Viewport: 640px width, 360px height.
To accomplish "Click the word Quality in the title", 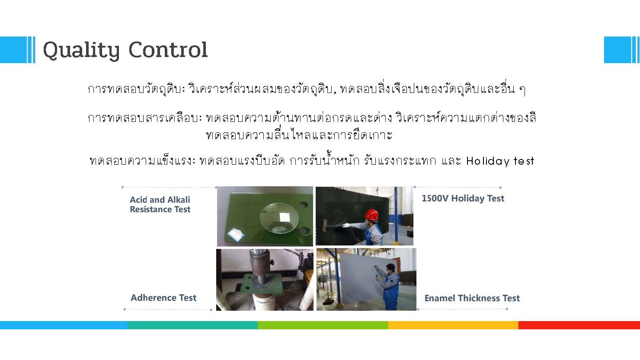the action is pos(81,51).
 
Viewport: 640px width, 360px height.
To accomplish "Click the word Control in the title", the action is pos(168,50).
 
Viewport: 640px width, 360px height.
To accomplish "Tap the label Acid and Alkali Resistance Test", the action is pos(160,204).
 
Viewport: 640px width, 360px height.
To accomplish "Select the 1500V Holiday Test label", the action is pos(463,198).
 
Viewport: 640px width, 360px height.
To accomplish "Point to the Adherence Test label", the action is pos(163,298).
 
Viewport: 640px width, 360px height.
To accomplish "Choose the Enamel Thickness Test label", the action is pos(472,298).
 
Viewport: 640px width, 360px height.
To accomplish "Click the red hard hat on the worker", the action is pos(372,215).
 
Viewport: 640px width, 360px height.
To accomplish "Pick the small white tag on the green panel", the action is pos(236,234).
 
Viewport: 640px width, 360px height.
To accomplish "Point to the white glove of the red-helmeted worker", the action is pos(346,225).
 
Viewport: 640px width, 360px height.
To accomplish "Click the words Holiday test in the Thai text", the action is pos(500,161).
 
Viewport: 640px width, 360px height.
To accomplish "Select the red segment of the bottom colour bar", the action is pos(579,325).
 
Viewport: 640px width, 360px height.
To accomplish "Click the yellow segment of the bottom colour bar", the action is pos(453,325).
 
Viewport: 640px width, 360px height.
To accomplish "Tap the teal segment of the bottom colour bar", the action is pos(192,325).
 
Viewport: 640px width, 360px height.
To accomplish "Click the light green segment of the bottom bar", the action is pos(323,325).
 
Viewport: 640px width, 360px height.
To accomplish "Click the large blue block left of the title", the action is pos(13,50).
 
